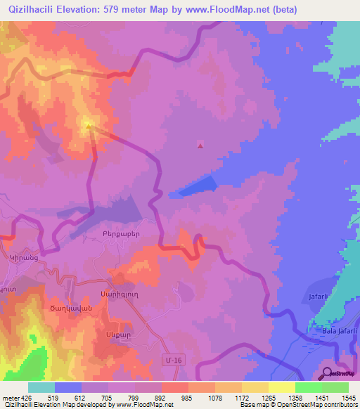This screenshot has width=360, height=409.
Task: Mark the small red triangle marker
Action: point(200,146)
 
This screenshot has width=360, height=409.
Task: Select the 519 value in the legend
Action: point(55,398)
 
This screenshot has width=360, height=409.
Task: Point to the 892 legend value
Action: point(162,398)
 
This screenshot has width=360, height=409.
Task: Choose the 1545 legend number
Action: point(349,398)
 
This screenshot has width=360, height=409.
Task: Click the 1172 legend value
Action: point(242,398)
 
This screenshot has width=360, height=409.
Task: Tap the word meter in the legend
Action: point(12,398)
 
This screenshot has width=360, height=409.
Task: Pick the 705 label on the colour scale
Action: point(108,398)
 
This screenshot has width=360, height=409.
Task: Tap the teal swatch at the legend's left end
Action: point(41,387)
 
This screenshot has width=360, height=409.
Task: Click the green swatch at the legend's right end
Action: point(335,387)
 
